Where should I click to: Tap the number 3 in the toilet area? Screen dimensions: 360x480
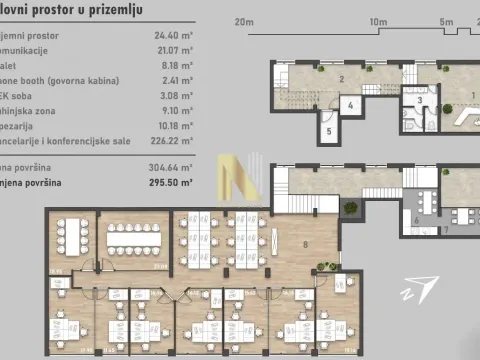420,100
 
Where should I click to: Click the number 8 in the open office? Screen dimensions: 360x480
304,242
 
